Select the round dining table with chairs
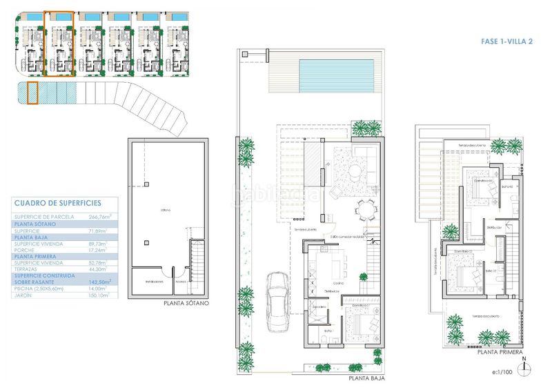click(365, 208)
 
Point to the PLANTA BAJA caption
click(366, 378)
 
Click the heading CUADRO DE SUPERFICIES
click(57, 203)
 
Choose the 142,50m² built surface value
click(101, 282)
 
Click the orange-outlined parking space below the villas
click(32, 93)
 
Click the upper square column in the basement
click(147, 184)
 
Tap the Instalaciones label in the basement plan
click(154, 282)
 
